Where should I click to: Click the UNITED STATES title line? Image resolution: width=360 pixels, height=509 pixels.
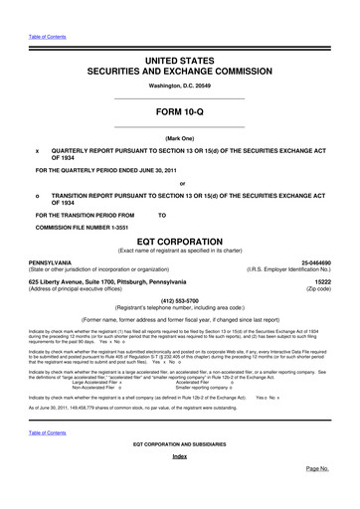tap(179, 61)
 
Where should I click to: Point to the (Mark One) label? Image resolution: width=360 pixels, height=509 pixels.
tap(180, 138)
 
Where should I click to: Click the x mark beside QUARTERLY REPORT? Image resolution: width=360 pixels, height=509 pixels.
tap(36, 152)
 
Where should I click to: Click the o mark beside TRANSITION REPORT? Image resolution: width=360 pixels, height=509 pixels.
tap(36, 198)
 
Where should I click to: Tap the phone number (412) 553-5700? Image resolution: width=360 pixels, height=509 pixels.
tap(180, 301)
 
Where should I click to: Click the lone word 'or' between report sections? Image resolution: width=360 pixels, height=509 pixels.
tap(181, 185)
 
